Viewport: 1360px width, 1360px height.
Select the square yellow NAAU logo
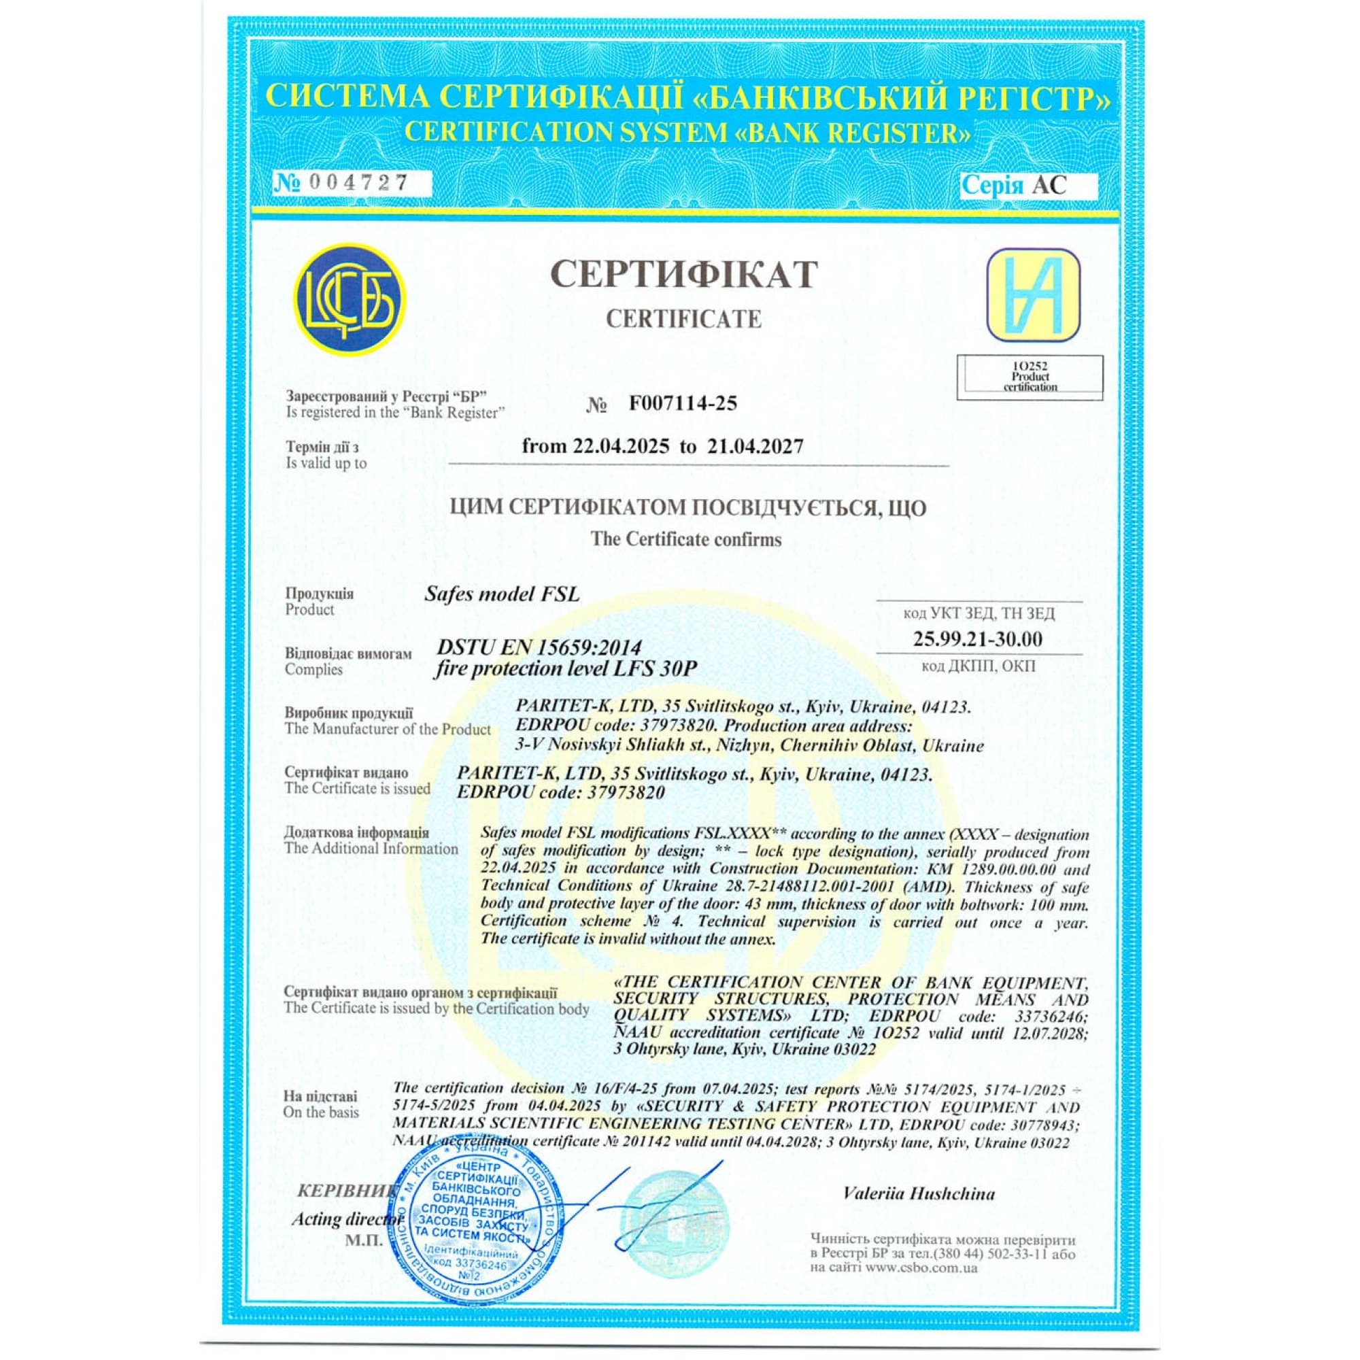coord(1033,296)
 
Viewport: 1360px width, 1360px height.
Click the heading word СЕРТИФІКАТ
coord(683,275)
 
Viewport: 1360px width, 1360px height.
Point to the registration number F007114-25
coord(682,403)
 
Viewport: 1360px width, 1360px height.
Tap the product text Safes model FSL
coord(502,594)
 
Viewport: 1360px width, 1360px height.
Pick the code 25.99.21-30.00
coord(978,639)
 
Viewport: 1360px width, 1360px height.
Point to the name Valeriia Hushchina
coord(919,1194)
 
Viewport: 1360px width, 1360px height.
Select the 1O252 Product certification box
coord(1030,377)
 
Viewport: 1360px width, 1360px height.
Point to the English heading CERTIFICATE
coord(683,319)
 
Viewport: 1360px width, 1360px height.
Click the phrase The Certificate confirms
coord(685,539)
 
